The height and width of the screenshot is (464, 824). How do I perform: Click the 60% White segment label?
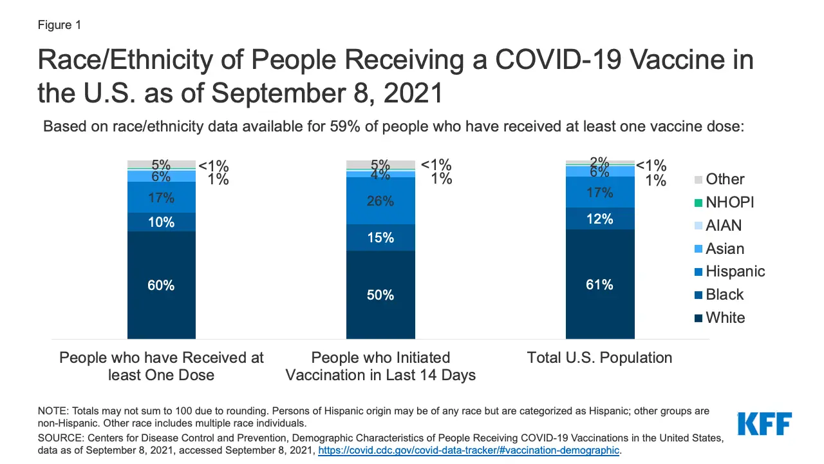161,285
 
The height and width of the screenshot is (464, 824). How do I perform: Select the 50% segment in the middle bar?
380,295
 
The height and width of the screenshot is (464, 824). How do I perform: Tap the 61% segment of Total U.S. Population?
599,284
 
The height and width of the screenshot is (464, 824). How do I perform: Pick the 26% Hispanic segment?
380,201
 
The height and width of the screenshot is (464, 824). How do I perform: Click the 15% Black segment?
380,237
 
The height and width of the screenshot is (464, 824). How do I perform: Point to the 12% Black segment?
599,218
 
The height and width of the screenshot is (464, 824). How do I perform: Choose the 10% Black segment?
161,222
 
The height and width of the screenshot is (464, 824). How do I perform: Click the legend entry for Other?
724,179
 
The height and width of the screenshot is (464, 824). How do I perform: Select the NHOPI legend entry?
729,202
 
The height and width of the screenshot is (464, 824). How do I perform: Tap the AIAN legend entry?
723,226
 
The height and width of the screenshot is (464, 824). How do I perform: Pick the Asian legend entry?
724,249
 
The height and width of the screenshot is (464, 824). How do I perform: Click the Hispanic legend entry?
735,271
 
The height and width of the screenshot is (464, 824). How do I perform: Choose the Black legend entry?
724,295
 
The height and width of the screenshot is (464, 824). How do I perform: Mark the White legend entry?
724,318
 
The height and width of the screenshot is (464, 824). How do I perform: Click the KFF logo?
764,423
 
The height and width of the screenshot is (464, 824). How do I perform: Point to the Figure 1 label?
59,25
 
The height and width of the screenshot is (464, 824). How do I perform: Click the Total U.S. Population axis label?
599,358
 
